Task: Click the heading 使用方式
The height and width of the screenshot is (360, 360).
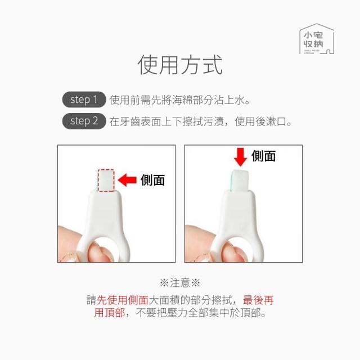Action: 180,65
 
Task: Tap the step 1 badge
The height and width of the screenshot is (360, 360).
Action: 84,100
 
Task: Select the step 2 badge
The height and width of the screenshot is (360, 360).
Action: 84,121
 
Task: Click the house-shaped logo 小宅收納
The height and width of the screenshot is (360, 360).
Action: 317,39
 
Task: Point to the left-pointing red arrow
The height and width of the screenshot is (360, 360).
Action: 127,180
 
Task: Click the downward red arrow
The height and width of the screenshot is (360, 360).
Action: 240,157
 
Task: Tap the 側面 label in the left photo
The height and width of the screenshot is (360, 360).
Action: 152,180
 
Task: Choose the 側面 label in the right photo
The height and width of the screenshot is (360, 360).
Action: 263,156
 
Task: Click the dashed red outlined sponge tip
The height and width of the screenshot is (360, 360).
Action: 106,180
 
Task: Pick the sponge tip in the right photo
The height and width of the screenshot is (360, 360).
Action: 240,181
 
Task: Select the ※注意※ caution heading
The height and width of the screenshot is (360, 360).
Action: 180,282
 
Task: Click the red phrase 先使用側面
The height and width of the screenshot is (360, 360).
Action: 123,300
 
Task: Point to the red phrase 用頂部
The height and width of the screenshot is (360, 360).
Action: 110,313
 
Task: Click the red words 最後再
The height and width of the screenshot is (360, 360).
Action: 258,300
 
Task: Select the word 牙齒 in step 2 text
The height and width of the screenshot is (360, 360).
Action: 125,121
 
